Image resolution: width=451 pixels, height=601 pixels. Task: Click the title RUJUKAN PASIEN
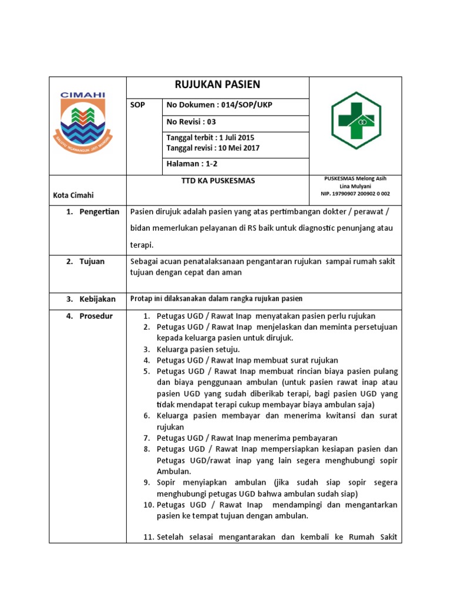point(217,85)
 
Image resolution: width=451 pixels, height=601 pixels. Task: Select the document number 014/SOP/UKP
point(243,105)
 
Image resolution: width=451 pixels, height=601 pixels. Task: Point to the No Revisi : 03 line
point(191,122)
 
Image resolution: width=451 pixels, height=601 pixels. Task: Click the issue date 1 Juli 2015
point(230,138)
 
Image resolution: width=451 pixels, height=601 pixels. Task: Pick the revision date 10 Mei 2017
point(238,148)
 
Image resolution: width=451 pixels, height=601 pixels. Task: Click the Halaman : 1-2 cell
point(191,165)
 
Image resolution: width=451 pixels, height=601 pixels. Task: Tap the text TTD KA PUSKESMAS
point(218,181)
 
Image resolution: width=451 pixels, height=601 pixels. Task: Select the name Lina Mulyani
point(355,185)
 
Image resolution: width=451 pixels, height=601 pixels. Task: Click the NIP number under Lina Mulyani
point(355,193)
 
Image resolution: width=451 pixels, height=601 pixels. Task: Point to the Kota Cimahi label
point(73,195)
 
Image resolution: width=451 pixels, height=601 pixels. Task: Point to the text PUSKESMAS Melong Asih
point(355,178)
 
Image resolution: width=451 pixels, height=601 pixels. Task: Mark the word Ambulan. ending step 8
point(173,471)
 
